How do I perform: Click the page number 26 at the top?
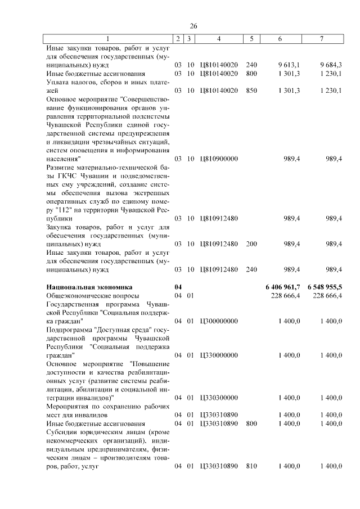pos(193,26)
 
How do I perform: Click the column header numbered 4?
pos(218,39)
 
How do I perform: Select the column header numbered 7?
pos(321,39)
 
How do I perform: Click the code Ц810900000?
pos(218,159)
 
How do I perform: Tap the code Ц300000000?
pos(218,321)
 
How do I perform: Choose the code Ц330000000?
pos(218,355)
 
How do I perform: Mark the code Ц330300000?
pos(218,398)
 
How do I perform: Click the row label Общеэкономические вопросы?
pos(92,296)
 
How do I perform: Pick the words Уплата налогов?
pos(72,82)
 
